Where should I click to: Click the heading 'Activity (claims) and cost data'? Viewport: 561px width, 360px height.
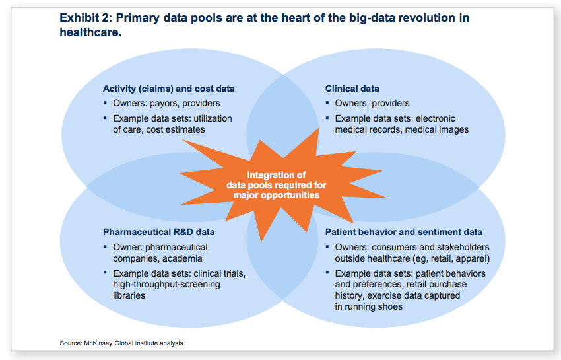click(x=169, y=89)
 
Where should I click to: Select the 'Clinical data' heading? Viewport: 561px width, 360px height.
click(x=352, y=89)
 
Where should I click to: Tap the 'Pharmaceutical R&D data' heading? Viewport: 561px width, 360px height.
click(x=159, y=232)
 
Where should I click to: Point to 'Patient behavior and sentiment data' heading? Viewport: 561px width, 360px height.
click(x=403, y=232)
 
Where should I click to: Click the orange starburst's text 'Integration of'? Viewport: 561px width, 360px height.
click(x=277, y=175)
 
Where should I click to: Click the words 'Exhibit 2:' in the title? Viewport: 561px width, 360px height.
click(x=86, y=18)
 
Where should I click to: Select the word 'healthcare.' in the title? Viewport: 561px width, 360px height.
click(x=90, y=32)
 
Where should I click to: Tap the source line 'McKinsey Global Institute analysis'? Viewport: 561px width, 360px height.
click(x=133, y=343)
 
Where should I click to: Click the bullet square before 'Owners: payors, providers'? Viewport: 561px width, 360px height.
click(x=105, y=103)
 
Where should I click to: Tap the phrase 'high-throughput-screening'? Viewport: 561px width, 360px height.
click(x=166, y=285)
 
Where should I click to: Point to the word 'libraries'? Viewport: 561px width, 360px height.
click(x=129, y=295)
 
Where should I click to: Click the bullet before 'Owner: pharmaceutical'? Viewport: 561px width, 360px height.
click(x=105, y=246)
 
